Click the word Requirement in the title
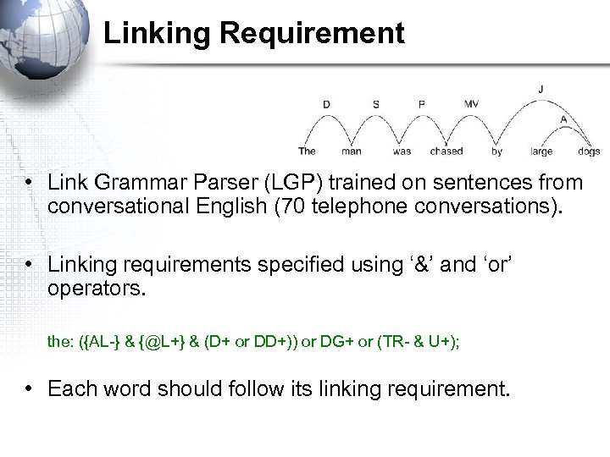[x=312, y=34]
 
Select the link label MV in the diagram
[x=471, y=104]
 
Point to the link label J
[x=541, y=88]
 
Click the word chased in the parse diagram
[x=446, y=151]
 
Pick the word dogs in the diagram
[x=588, y=151]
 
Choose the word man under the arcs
[x=351, y=151]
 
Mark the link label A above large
[x=563, y=119]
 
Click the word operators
[x=97, y=289]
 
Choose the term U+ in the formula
[x=436, y=342]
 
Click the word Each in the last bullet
[x=68, y=389]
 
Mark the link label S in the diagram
[x=376, y=104]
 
